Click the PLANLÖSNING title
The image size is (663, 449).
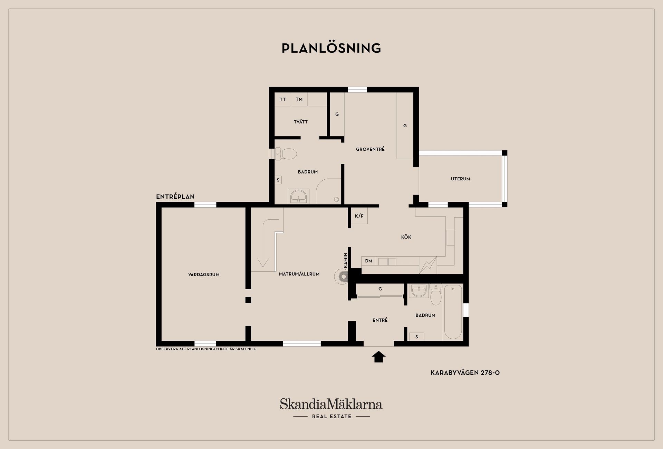point(331,48)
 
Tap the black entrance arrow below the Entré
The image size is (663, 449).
point(378,357)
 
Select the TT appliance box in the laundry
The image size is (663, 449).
point(283,99)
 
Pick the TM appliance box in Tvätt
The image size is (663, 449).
point(299,99)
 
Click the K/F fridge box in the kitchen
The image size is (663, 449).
point(359,216)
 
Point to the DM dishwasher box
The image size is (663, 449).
point(369,261)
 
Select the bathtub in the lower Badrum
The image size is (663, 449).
point(453,311)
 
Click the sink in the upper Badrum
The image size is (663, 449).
point(299,197)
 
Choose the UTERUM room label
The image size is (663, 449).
point(461,179)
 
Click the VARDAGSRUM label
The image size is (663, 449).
point(204,275)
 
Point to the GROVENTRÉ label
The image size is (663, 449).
point(370,149)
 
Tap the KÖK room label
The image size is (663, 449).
point(406,237)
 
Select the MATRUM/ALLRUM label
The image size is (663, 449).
point(299,274)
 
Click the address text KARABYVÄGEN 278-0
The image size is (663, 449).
point(465,373)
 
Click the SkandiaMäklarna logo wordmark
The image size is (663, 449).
point(331,404)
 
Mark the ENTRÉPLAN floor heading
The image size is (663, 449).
point(175,197)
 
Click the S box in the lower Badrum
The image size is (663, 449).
point(416,337)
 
